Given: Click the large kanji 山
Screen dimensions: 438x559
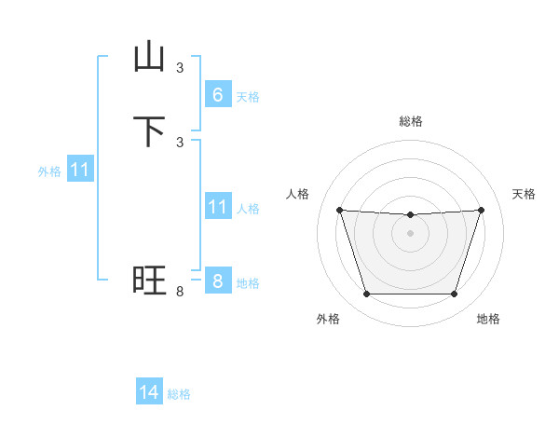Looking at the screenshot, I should (149, 58).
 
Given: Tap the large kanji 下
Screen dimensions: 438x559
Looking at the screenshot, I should (149, 131).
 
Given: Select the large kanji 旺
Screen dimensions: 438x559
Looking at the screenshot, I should (149, 281).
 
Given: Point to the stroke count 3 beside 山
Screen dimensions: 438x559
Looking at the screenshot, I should (180, 68).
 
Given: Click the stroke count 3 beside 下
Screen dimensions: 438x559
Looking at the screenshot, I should (180, 142).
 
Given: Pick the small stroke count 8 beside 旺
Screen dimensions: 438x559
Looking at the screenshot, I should (180, 292).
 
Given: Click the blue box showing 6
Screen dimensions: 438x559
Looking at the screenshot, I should (217, 94).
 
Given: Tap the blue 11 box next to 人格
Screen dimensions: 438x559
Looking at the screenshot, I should (217, 206).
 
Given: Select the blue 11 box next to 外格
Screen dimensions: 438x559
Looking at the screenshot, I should (80, 170).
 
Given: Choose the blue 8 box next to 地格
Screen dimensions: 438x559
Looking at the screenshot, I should (217, 281).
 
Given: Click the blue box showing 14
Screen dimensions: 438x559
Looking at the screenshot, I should (149, 392).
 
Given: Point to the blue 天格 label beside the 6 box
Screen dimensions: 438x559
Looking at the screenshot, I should (248, 97).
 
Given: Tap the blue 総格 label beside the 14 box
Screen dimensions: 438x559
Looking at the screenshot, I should (179, 395).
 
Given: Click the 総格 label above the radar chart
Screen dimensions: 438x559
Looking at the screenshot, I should (411, 121).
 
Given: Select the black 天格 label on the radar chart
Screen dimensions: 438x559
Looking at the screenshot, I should (524, 194).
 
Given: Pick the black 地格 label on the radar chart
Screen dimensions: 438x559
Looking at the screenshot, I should (488, 319).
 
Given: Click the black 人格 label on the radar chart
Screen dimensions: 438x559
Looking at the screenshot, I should (297, 194).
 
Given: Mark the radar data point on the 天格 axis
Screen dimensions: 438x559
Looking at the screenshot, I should (481, 210).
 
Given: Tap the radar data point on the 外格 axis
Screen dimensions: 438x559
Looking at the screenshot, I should (366, 294).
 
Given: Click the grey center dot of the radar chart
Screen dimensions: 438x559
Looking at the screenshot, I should (410, 233).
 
